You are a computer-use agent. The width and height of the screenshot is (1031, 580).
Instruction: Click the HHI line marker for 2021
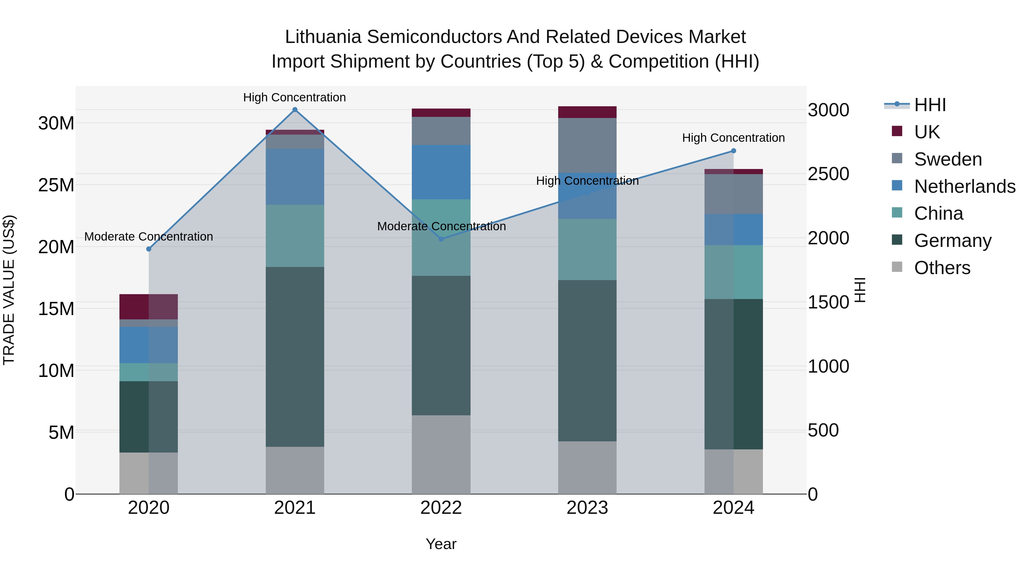(295, 110)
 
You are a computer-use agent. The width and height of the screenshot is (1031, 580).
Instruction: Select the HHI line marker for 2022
(441, 239)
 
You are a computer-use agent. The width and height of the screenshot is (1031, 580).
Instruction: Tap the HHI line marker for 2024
(733, 151)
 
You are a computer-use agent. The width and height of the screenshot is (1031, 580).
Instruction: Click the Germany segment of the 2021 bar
(295, 356)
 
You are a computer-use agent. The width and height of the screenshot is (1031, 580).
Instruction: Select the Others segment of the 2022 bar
(441, 454)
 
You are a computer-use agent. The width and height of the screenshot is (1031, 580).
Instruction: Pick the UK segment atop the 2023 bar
(587, 112)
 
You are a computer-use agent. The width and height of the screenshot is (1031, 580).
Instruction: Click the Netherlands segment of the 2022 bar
(441, 172)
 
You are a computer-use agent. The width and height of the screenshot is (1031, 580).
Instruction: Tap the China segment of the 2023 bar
(587, 249)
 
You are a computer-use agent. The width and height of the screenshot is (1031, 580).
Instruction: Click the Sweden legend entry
(948, 159)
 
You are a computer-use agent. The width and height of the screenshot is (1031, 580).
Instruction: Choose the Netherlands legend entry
(965, 186)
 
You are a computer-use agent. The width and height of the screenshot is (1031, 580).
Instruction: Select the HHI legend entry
(930, 105)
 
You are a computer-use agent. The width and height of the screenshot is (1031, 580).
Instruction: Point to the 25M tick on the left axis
(56, 185)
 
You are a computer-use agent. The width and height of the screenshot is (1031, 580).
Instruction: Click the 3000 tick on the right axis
(828, 110)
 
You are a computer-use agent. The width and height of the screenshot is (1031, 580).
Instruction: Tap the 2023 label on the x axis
(587, 508)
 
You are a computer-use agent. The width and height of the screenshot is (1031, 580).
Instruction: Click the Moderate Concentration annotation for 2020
(148, 237)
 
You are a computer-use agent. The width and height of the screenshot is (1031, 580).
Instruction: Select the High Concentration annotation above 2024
(733, 138)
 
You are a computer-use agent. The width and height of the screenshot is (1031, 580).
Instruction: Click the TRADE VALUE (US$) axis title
(9, 290)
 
